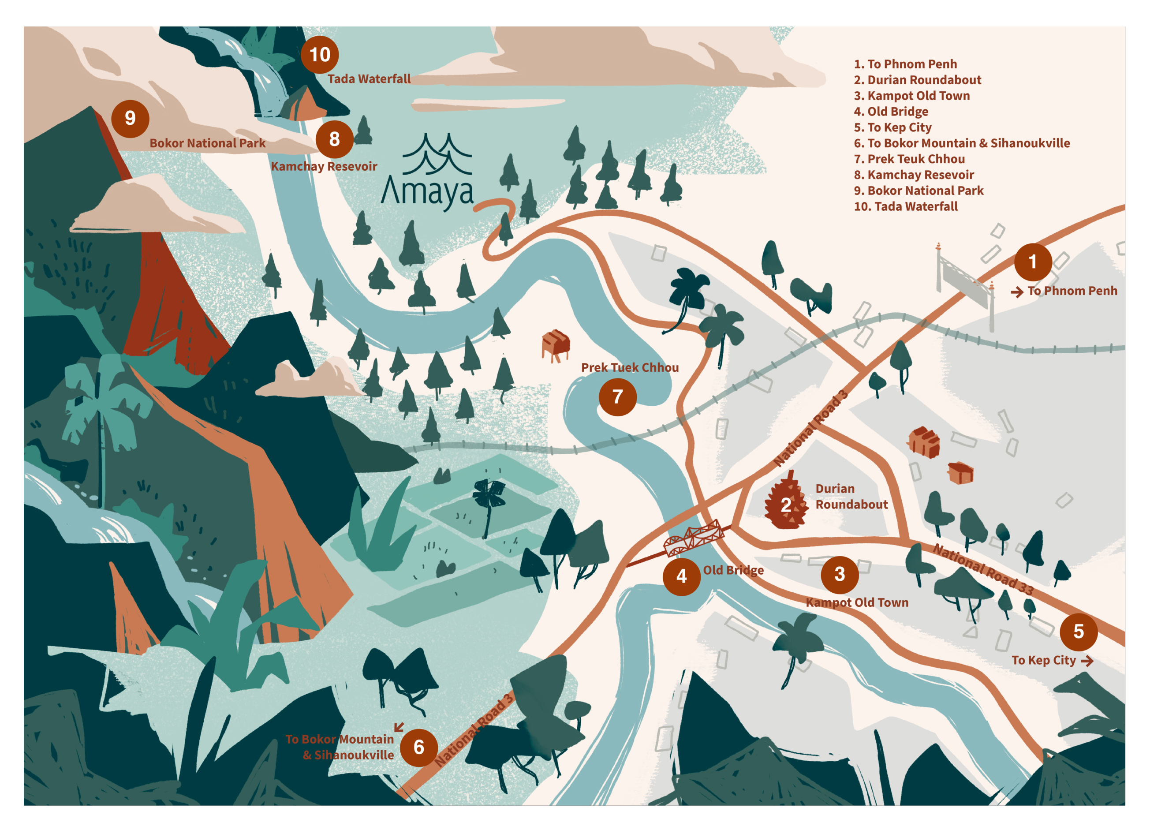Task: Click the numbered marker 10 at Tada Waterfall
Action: [x=319, y=55]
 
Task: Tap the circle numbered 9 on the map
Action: [x=131, y=119]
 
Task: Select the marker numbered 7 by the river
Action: [x=617, y=397]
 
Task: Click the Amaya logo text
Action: [x=427, y=192]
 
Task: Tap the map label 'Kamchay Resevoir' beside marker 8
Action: [x=324, y=166]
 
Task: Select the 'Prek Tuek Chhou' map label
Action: [x=629, y=368]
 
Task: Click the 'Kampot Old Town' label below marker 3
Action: [x=857, y=602]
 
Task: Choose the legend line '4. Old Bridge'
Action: [x=890, y=112]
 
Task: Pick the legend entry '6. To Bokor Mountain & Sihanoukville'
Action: [x=961, y=143]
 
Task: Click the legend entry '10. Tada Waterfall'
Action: [x=906, y=206]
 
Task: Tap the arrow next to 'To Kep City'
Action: [x=1087, y=661]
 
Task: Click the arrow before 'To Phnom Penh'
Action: [x=1017, y=292]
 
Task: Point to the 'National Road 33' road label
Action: [x=983, y=569]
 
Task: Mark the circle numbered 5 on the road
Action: [x=1079, y=632]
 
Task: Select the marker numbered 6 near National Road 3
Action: [x=419, y=748]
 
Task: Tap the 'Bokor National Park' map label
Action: [x=207, y=143]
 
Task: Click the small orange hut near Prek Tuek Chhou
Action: [x=555, y=345]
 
